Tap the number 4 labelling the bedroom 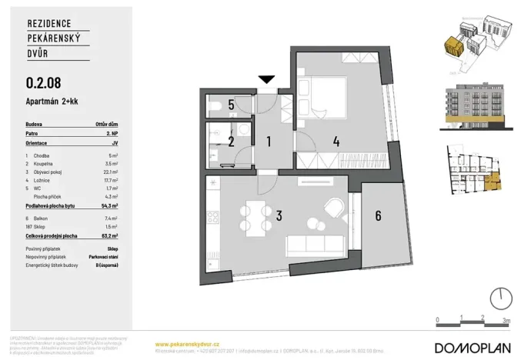(336, 141)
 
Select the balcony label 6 (378, 216)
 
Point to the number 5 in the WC (230, 105)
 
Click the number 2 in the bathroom (230, 142)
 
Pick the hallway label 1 (269, 142)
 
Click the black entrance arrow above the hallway (267, 79)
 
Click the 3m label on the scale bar (505, 318)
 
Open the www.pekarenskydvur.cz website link (188, 344)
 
